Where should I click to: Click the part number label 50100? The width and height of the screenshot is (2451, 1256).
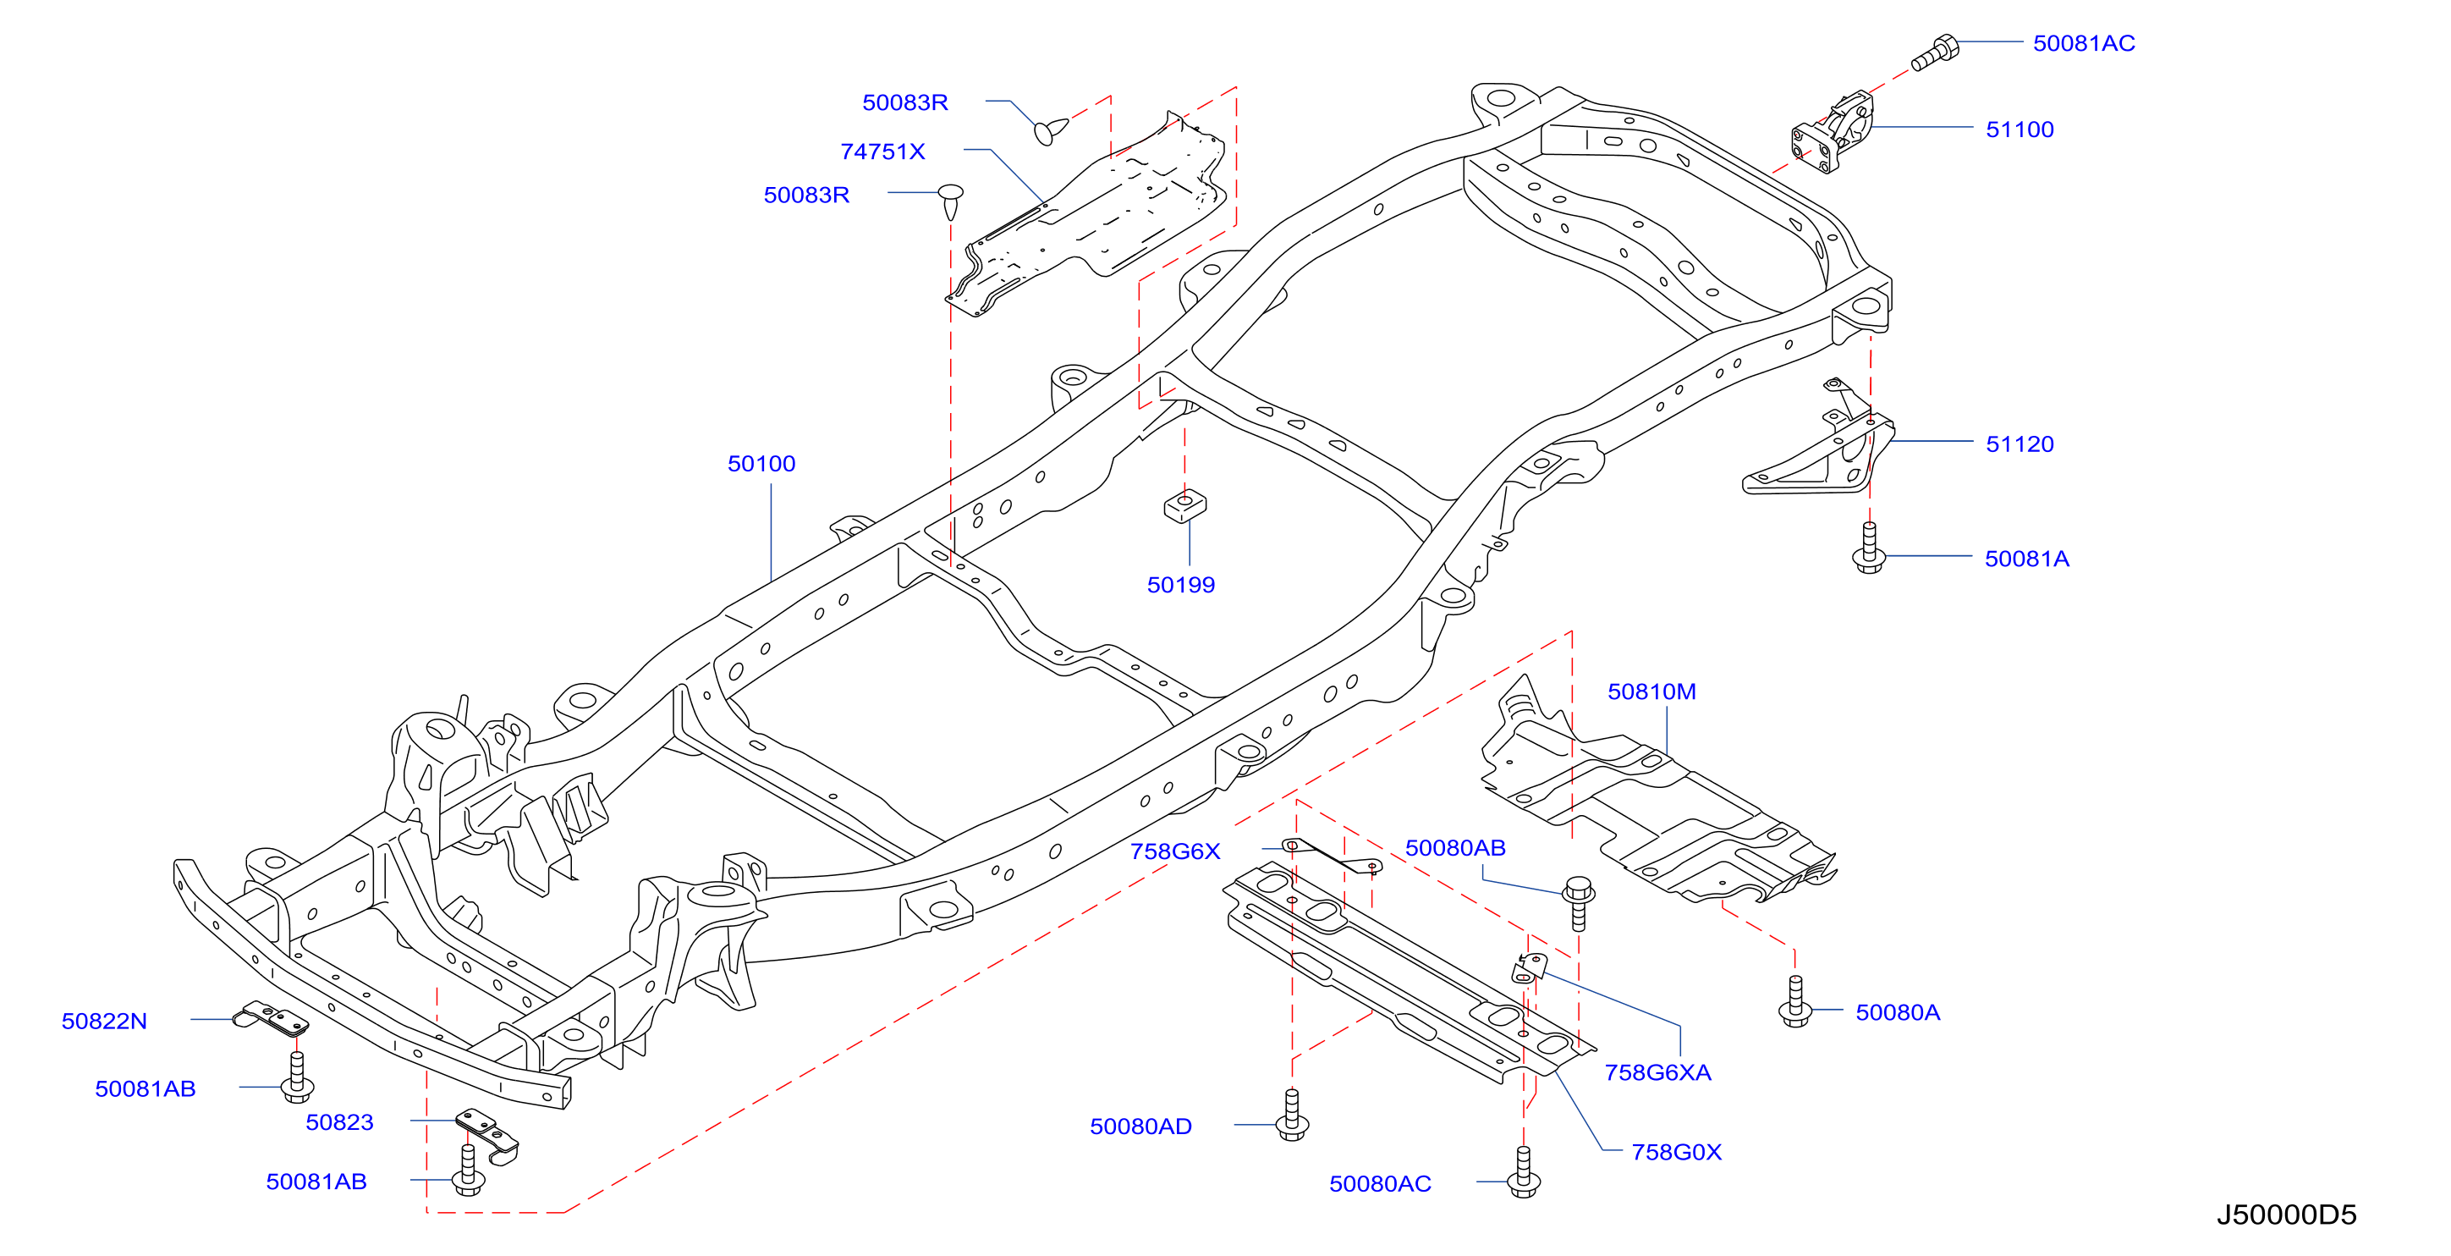coord(761,465)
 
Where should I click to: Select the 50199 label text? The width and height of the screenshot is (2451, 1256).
coord(1181,585)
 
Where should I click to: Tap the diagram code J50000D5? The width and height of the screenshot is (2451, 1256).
coord(2286,1215)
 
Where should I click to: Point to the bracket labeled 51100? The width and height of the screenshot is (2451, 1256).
coord(1833,132)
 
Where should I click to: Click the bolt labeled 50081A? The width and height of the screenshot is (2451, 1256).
coord(1869,548)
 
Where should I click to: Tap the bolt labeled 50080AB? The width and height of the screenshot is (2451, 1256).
coord(1579,903)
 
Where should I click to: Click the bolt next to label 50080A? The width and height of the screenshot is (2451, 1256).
coord(1795,1001)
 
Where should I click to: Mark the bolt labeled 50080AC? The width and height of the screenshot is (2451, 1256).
coord(1524,1171)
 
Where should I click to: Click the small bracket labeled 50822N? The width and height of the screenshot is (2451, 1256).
coord(272,1019)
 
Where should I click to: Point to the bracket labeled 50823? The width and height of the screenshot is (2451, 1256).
coord(488,1136)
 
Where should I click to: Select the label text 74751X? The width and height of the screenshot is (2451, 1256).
coord(882,152)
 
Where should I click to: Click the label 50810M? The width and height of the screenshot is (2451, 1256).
coord(1651,691)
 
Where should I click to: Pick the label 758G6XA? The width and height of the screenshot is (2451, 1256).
coord(1657,1073)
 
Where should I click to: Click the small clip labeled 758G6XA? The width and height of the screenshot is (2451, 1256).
coord(1528,967)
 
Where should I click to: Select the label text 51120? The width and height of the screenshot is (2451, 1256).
coord(2019,444)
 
